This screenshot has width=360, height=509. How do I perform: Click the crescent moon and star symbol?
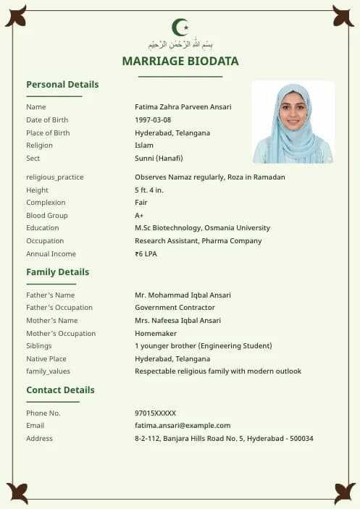point(180,28)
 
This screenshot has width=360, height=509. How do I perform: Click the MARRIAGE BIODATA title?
point(180,62)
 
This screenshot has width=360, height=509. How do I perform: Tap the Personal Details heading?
point(62,85)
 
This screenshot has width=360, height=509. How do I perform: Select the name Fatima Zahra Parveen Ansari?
point(183,107)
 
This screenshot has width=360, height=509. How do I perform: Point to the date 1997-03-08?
point(153,120)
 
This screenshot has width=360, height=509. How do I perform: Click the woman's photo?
point(293,122)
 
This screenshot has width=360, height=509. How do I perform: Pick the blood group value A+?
point(139,216)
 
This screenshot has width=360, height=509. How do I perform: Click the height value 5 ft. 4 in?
point(149,190)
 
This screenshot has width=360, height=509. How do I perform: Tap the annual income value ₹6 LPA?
point(146,254)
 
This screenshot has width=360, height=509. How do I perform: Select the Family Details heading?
point(58,272)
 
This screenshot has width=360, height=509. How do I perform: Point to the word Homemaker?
point(156,334)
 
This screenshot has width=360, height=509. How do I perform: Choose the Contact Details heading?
point(60,390)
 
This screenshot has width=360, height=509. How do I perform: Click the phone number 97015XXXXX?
point(155,413)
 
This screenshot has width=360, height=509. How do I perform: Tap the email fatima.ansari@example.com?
point(183,426)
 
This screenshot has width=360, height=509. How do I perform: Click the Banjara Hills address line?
point(224,439)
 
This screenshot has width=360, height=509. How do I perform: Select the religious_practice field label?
point(55,177)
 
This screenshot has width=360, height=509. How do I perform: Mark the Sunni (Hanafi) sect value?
point(159,159)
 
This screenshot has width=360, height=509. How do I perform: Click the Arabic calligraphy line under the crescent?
point(180,45)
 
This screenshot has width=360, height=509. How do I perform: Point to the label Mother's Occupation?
point(61,334)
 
